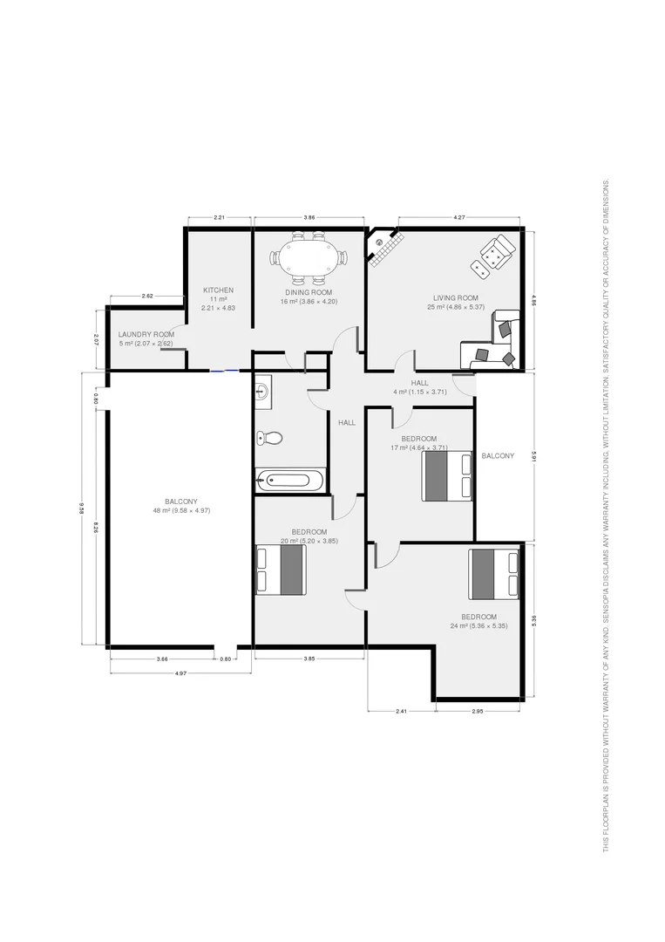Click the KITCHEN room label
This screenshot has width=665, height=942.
pyautogui.click(x=218, y=290)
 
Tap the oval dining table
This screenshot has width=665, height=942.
pyautogui.click(x=309, y=257)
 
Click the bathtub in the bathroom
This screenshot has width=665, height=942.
pyautogui.click(x=290, y=479)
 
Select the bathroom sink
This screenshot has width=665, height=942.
pyautogui.click(x=263, y=394)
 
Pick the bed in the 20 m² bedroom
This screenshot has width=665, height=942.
pyautogui.click(x=280, y=570)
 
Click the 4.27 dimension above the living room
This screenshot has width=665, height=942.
pyautogui.click(x=459, y=216)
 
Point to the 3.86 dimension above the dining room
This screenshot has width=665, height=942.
pyautogui.click(x=309, y=216)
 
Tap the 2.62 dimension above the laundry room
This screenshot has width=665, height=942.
pyautogui.click(x=146, y=297)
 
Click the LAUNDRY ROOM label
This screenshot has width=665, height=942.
pyautogui.click(x=146, y=334)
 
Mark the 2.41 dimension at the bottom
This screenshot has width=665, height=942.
pyautogui.click(x=401, y=712)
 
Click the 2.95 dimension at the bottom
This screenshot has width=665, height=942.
pyautogui.click(x=478, y=712)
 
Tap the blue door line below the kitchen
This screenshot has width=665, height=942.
pyautogui.click(x=224, y=371)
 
